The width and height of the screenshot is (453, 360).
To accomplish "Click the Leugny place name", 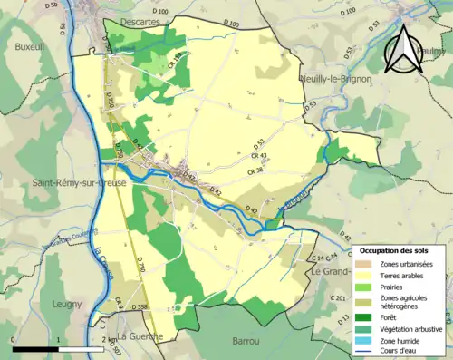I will point(67,305).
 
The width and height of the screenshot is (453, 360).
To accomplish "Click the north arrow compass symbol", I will point(408,47).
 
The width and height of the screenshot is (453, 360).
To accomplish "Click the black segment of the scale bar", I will point(35,348).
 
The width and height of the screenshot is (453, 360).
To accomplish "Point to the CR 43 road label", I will point(258,155).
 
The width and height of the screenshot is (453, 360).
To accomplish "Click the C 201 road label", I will point(339,298).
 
